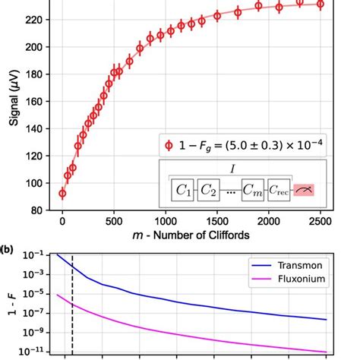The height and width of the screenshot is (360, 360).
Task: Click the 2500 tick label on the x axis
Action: [321, 221]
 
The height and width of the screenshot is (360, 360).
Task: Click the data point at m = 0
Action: [62, 194]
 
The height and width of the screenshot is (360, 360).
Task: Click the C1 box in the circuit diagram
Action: [182, 191]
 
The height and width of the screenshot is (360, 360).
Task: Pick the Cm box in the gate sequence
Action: [253, 191]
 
